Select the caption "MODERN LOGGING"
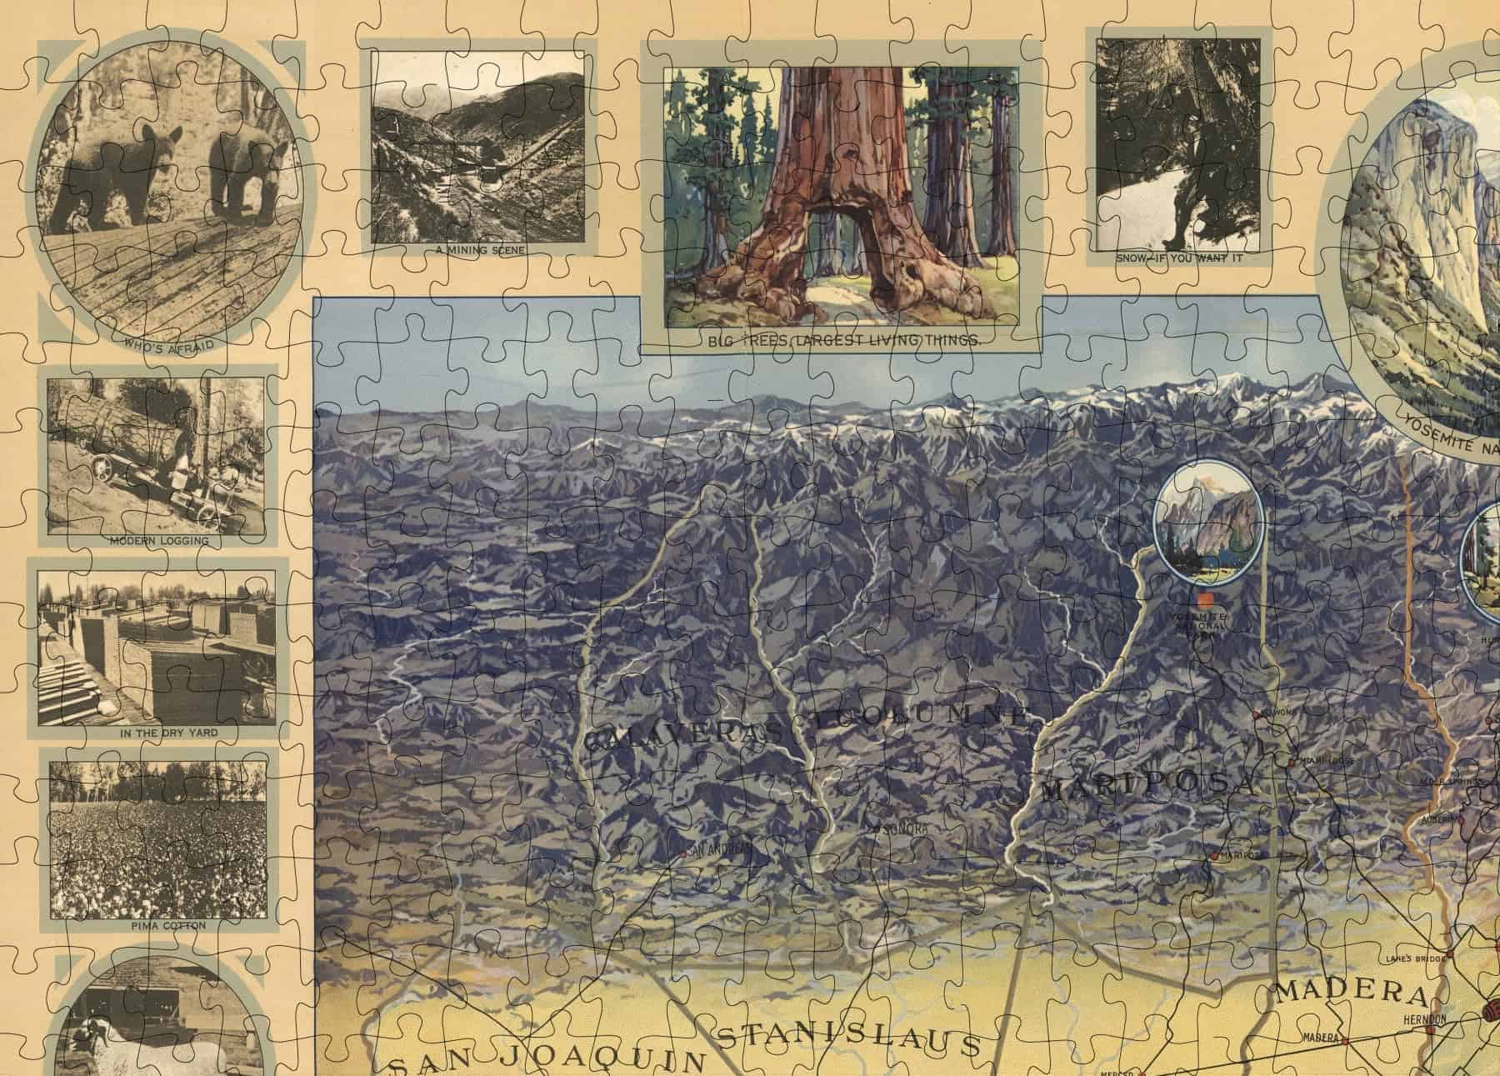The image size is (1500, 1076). pyautogui.click(x=158, y=541)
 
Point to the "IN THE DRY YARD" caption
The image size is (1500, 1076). pyautogui.click(x=157, y=733)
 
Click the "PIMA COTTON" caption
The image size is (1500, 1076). pyautogui.click(x=157, y=925)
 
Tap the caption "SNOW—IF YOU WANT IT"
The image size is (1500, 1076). pyautogui.click(x=1179, y=258)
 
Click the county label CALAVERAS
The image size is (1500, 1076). pyautogui.click(x=683, y=738)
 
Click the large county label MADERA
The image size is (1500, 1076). pyautogui.click(x=1350, y=993)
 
